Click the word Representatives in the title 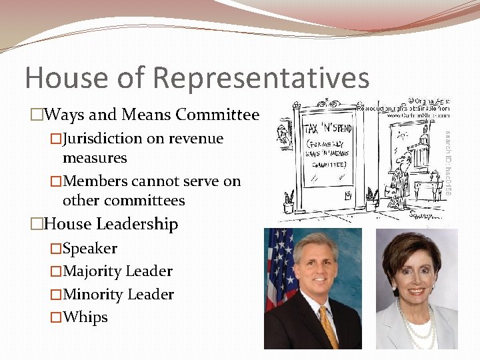tap(261, 77)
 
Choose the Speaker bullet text tap(90, 249)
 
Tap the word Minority tap(92, 295)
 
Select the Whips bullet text tap(85, 317)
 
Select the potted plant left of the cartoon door tap(289, 199)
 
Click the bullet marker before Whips tap(56, 317)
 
